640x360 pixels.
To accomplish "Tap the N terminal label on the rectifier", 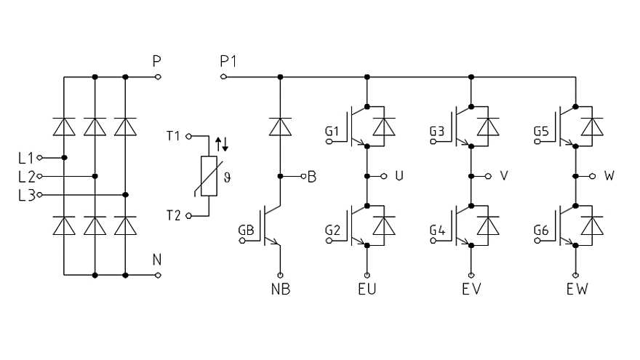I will click(156, 260).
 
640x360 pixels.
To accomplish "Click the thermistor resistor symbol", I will click(209, 176).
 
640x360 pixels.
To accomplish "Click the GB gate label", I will click(247, 231).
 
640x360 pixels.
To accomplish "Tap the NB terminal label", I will click(280, 289).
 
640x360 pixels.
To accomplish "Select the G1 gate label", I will click(332, 132).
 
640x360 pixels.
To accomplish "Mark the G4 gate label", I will click(437, 231).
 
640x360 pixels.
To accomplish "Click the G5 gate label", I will click(541, 132).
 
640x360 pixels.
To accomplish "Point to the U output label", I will click(399, 176).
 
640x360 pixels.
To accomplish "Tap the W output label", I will click(609, 176).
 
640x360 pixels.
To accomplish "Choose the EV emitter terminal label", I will click(471, 289).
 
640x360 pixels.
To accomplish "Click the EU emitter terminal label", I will click(367, 289).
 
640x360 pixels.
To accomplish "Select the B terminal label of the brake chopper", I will click(311, 177).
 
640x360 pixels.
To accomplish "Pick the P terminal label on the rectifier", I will click(156, 61).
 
